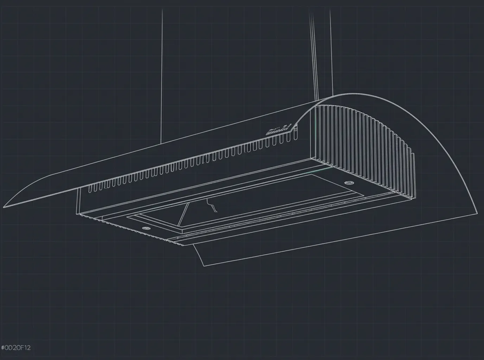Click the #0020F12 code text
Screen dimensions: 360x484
point(16,348)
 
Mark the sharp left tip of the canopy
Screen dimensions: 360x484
point(4,207)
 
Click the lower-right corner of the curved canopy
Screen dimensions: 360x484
point(477,213)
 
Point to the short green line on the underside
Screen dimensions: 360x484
point(322,170)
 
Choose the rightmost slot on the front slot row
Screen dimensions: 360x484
point(291,138)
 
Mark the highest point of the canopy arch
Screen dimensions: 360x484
point(355,94)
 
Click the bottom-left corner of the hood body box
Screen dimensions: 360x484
point(77,213)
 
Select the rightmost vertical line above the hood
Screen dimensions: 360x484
point(331,53)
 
